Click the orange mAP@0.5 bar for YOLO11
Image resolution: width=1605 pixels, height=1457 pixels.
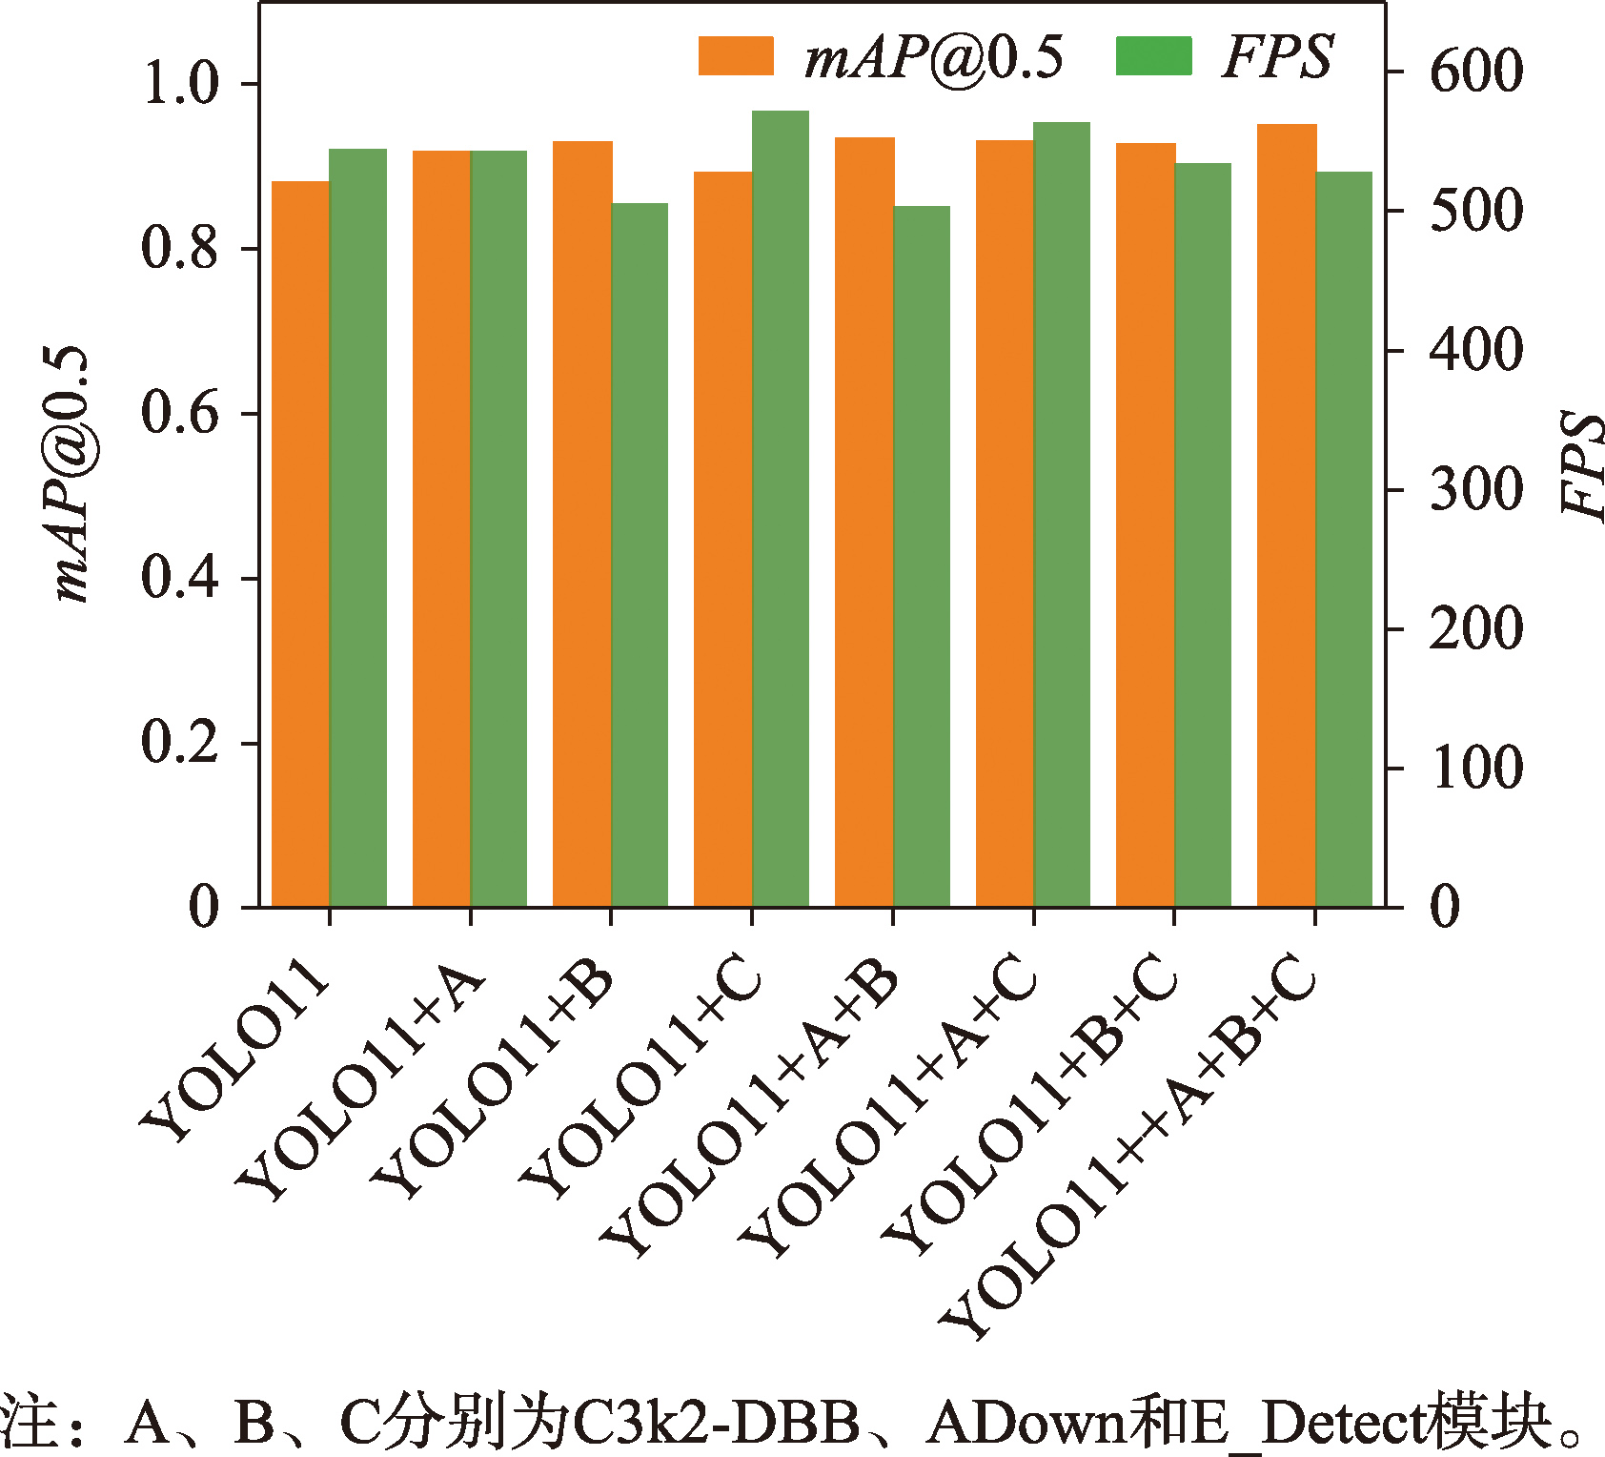click(300, 544)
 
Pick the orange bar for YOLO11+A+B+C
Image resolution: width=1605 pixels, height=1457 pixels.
click(1287, 515)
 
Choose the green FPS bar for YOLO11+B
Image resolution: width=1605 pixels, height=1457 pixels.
click(640, 554)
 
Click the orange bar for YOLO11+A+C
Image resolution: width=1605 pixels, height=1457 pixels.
click(1005, 523)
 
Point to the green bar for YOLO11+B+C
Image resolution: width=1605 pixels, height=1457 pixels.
click(1203, 534)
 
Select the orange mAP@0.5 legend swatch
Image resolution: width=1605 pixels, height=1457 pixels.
click(736, 55)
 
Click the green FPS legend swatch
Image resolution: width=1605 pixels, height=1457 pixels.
click(1153, 55)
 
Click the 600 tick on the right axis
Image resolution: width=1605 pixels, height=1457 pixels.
click(1476, 72)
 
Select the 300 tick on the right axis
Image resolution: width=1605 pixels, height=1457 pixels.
click(1476, 490)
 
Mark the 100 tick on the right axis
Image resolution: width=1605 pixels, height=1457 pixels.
click(1476, 769)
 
